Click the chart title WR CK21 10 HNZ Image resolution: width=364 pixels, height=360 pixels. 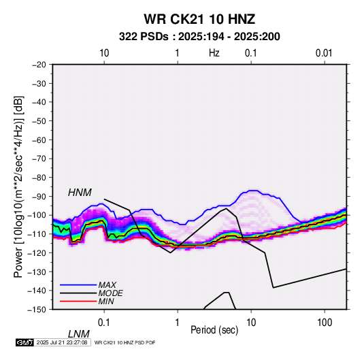pyautogui.click(x=199, y=19)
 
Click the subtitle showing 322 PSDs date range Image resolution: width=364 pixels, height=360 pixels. pyautogui.click(x=199, y=37)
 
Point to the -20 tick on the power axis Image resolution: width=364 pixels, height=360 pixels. pyautogui.click(x=39, y=65)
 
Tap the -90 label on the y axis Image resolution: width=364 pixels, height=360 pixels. pyautogui.click(x=39, y=196)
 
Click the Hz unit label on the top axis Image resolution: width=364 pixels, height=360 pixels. pyautogui.click(x=214, y=53)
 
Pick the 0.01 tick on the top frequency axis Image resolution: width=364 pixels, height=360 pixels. pyautogui.click(x=324, y=53)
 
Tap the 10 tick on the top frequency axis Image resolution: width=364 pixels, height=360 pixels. pyautogui.click(x=104, y=53)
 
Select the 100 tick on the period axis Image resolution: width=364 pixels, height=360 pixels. pyautogui.click(x=325, y=323)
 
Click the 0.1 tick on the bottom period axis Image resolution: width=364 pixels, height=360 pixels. pyautogui.click(x=104, y=323)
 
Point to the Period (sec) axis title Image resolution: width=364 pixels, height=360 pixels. pyautogui.click(x=214, y=329)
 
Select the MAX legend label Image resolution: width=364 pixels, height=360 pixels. pyautogui.click(x=107, y=284)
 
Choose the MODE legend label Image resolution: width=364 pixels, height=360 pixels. pyautogui.click(x=110, y=293)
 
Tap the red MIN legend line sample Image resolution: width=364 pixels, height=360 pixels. pyautogui.click(x=78, y=301)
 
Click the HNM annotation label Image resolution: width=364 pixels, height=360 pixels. pyautogui.click(x=80, y=193)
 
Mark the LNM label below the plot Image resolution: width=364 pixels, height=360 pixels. pyautogui.click(x=79, y=334)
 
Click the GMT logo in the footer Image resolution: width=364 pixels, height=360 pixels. pyautogui.click(x=25, y=342)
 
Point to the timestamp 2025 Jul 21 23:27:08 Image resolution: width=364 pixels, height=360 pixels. pyautogui.click(x=62, y=342)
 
